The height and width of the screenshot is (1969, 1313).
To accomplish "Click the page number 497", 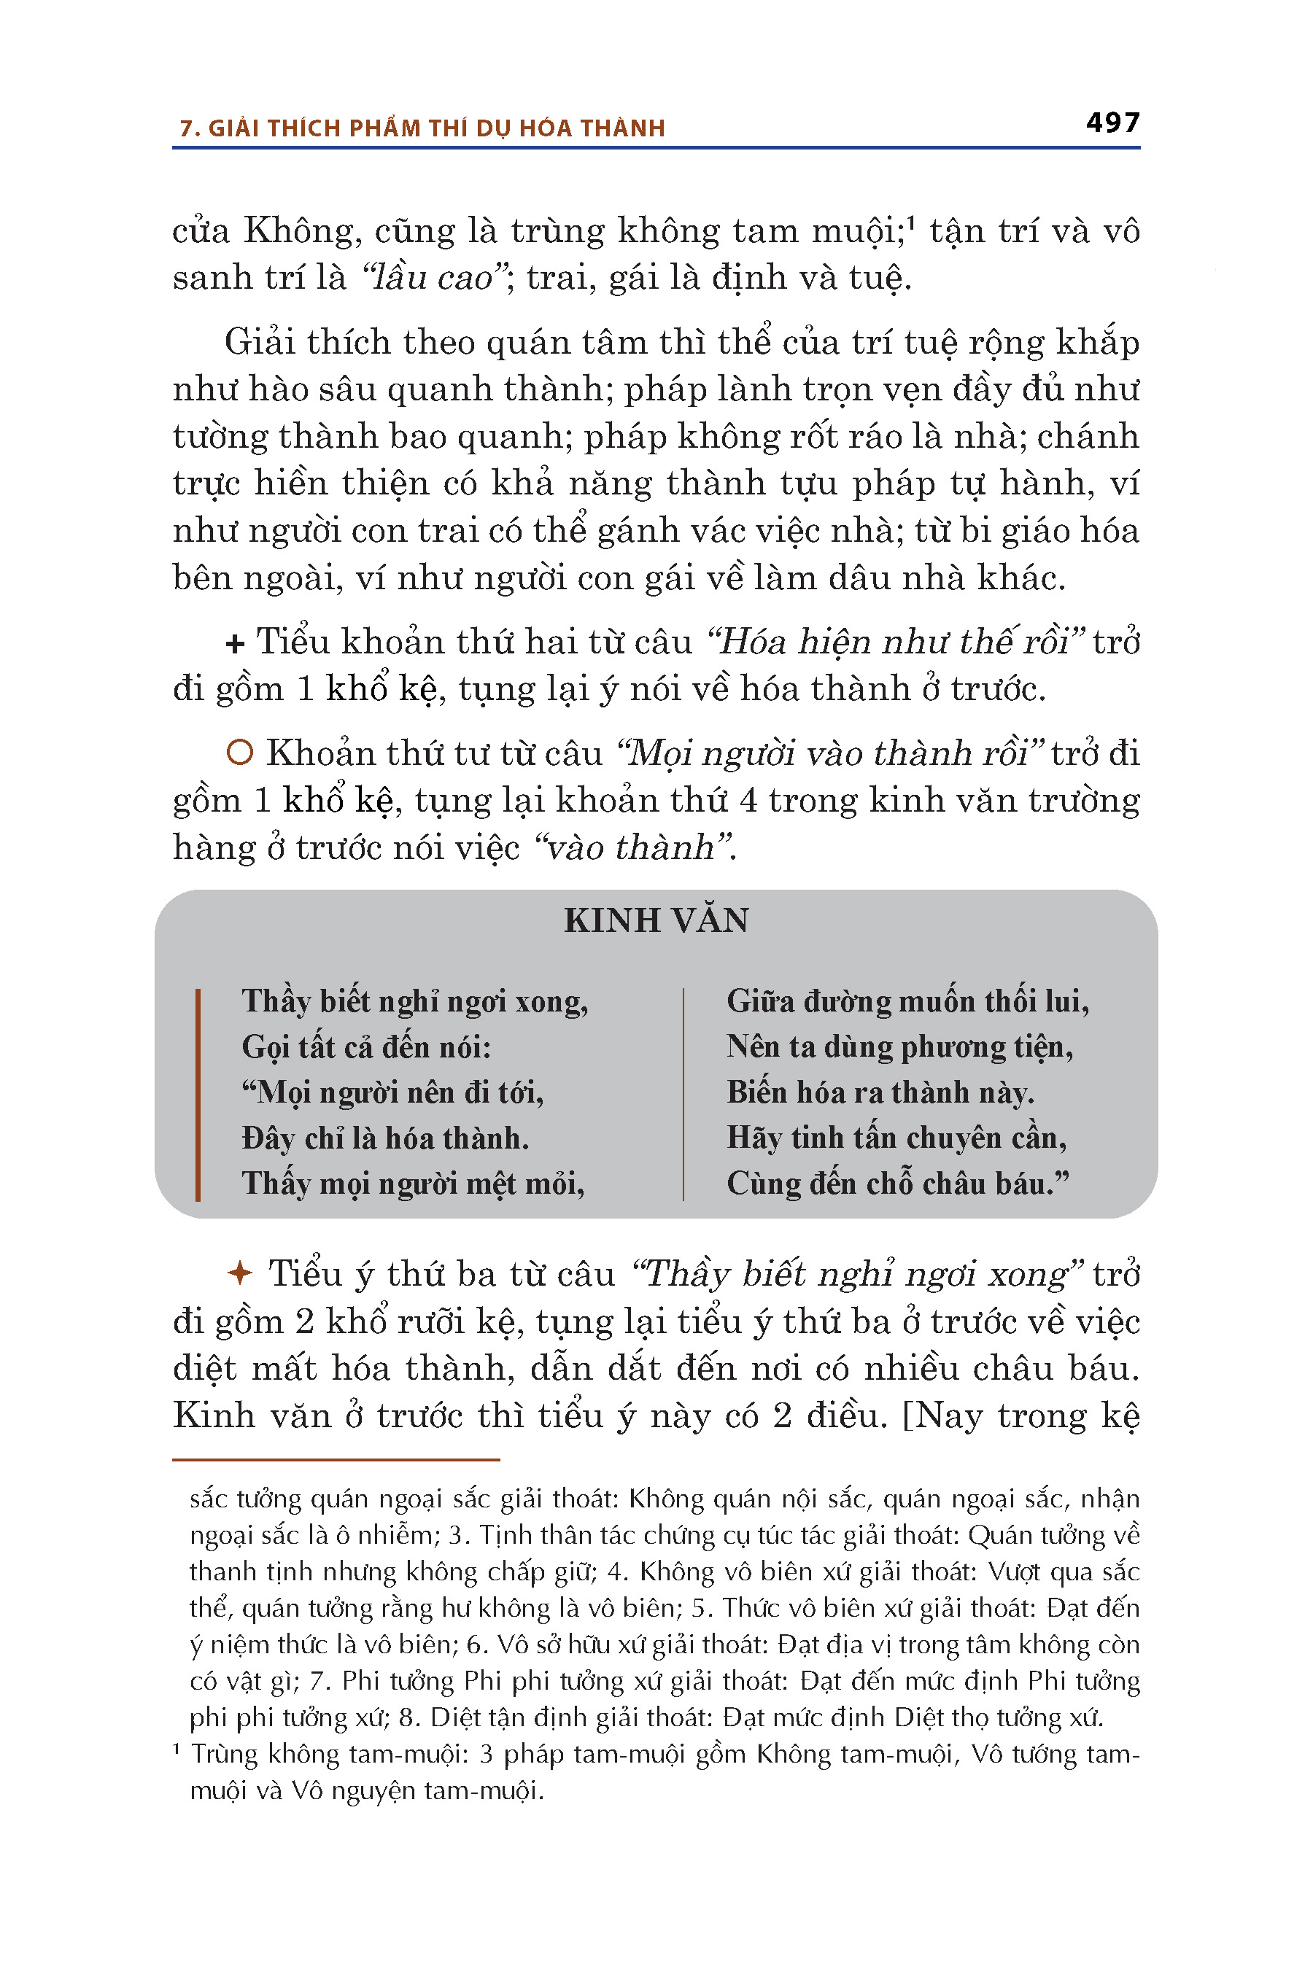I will pyautogui.click(x=1112, y=123).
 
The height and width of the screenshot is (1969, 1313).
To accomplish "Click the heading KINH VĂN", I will pyautogui.click(x=656, y=921).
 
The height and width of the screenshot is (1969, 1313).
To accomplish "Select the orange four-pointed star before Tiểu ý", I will pyautogui.click(x=239, y=1273).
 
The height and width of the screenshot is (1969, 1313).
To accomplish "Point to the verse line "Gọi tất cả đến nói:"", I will pyautogui.click(x=366, y=1047).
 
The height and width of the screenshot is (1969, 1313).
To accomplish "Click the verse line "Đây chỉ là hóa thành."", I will pyautogui.click(x=385, y=1138).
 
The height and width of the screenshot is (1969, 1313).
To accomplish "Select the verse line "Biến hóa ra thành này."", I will pyautogui.click(x=880, y=1092).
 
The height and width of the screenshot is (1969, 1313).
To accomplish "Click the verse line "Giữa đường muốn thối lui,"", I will pyautogui.click(x=907, y=1001).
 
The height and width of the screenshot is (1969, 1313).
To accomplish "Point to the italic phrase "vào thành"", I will pyautogui.click(x=630, y=847).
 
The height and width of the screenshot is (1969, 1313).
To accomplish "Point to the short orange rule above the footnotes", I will pyautogui.click(x=336, y=1459).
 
